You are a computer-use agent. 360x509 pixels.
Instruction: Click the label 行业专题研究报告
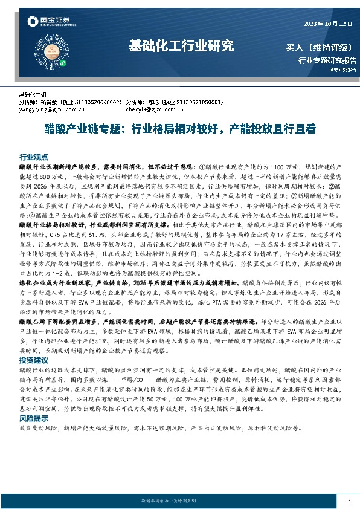(327, 60)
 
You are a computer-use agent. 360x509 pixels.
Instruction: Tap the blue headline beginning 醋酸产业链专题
(179, 129)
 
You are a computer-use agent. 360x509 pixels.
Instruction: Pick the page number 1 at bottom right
(350, 501)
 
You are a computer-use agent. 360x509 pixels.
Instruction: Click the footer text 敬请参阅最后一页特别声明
(179, 501)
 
